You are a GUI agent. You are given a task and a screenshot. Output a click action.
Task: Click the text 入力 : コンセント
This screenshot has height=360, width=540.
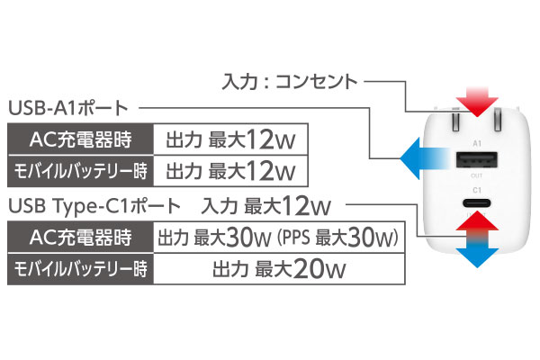tap(288, 82)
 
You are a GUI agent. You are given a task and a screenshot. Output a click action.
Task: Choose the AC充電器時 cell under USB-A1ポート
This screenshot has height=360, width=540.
tap(82, 140)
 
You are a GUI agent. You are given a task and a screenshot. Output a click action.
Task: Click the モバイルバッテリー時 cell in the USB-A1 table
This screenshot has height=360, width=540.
tap(82, 170)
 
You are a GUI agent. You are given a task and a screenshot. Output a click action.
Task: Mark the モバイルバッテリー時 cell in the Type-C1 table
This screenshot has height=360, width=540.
tap(82, 267)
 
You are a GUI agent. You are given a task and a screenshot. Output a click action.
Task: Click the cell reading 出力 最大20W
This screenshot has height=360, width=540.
tap(278, 267)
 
